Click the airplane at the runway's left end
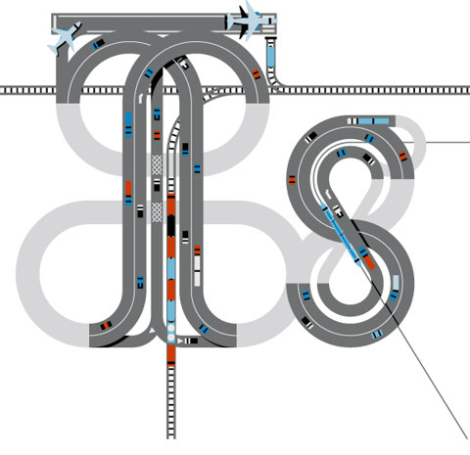pos(65,38)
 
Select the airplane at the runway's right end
pos(252,21)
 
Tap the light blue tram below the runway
pos(270,56)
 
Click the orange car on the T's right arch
pos(257,74)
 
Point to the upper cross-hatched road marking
pos(157,165)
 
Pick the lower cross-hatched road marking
pos(157,212)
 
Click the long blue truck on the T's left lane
pos(128,124)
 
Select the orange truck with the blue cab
pos(128,194)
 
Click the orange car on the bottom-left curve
pos(106,325)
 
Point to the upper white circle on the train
pos(171,327)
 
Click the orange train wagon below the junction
pos(171,354)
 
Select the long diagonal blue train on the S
pos(342,235)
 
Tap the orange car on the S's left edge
pos(292,180)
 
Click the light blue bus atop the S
pos(373,121)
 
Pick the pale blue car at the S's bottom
pos(377,334)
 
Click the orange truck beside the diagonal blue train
pos(369,262)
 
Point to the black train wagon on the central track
pos(171,226)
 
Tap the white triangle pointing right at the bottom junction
pos(180,341)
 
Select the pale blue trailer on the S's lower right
pos(396,283)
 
